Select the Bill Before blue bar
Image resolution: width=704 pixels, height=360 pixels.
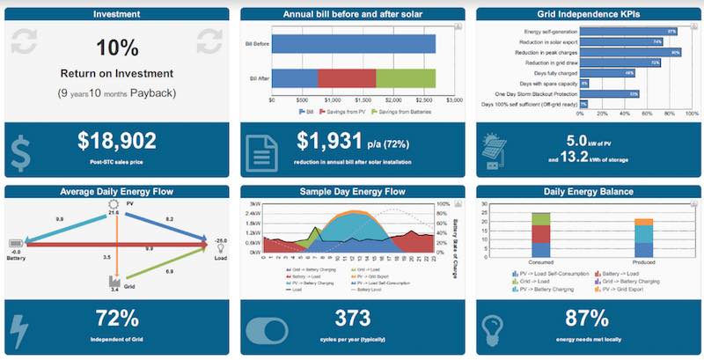pos(354,43)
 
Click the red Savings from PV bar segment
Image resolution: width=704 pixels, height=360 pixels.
pos(347,77)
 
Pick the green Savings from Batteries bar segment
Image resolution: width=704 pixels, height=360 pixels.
pos(406,77)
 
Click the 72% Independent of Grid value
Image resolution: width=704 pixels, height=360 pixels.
pos(116,318)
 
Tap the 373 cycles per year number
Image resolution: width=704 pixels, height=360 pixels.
pos(352,318)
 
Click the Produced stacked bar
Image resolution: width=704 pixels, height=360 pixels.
pos(643,238)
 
